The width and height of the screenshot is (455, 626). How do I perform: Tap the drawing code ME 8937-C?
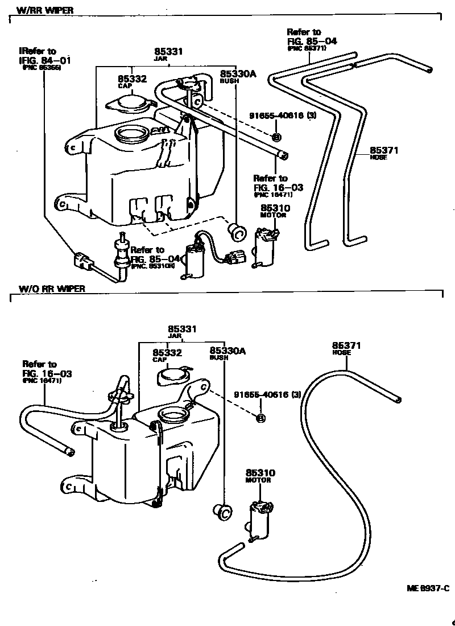click(x=427, y=588)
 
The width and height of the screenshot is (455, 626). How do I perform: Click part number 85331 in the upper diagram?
click(x=169, y=52)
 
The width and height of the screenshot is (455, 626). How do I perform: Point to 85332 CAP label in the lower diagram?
click(x=167, y=355)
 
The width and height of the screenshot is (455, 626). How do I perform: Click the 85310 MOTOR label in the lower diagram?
click(x=260, y=476)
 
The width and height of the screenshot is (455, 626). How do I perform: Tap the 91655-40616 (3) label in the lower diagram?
click(x=275, y=394)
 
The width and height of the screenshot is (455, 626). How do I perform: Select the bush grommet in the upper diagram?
click(x=235, y=230)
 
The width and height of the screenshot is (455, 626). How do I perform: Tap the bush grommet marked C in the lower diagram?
click(x=222, y=512)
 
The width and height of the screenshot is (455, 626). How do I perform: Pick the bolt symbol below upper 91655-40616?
click(x=276, y=137)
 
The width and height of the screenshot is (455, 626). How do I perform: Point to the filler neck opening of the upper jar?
click(x=131, y=135)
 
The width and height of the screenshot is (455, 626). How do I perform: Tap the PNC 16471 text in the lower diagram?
click(x=42, y=381)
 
